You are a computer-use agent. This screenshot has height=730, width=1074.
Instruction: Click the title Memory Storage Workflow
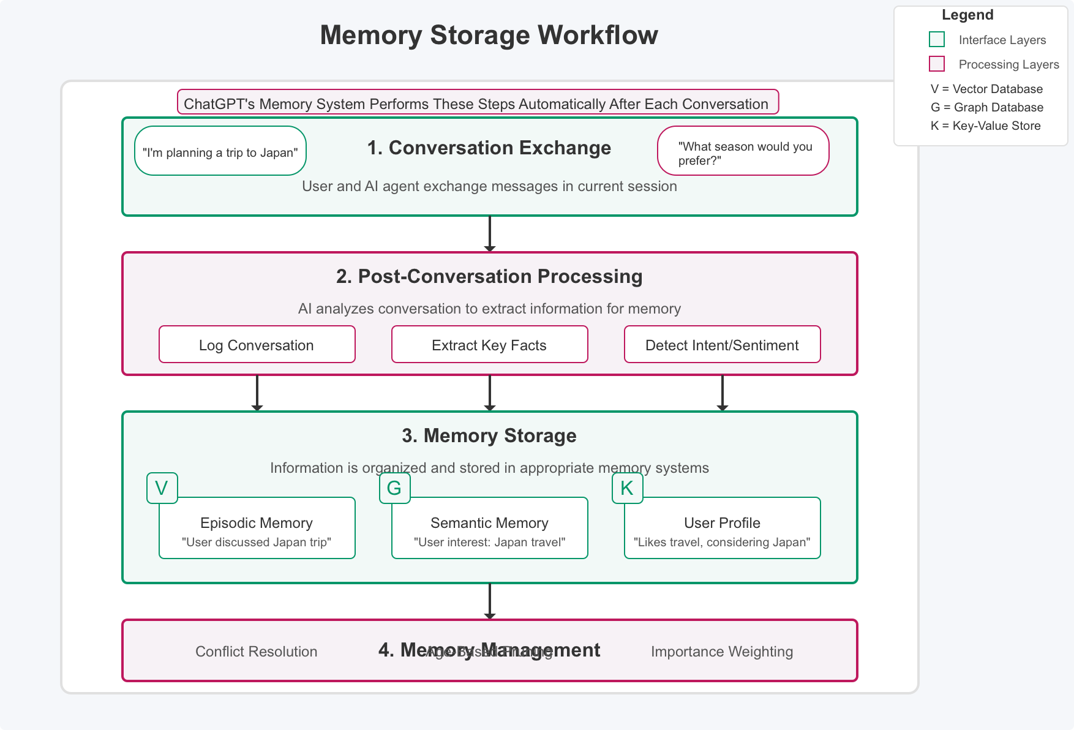click(x=489, y=35)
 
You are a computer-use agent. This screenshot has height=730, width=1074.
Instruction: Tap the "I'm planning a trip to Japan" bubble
click(x=220, y=151)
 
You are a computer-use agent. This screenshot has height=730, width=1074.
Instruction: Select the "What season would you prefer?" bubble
click(x=743, y=151)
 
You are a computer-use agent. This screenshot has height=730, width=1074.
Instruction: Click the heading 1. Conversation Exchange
click(x=489, y=148)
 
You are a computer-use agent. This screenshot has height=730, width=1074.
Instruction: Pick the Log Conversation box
click(x=257, y=345)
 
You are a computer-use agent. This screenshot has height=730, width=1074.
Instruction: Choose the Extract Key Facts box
click(x=489, y=345)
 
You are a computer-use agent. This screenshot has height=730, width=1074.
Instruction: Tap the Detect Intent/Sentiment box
click(x=722, y=345)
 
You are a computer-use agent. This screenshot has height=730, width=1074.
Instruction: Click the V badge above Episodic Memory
click(x=162, y=488)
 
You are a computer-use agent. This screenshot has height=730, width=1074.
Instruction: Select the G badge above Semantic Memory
click(x=395, y=488)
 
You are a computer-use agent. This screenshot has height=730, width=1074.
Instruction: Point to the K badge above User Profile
click(x=628, y=488)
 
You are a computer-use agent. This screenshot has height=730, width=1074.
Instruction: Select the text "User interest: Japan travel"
click(x=489, y=542)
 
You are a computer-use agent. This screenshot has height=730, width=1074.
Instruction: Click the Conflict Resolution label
click(x=256, y=652)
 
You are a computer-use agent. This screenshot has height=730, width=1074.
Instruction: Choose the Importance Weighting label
click(x=721, y=652)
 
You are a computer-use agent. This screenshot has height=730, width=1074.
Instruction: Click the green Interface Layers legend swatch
click(x=937, y=40)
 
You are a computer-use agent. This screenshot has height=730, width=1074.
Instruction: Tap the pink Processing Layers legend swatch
click(x=937, y=64)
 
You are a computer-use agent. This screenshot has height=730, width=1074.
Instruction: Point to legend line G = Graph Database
click(x=986, y=107)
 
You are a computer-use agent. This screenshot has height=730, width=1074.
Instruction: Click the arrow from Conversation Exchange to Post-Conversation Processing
click(x=490, y=233)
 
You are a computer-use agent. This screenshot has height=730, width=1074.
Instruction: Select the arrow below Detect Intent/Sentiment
click(x=723, y=393)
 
